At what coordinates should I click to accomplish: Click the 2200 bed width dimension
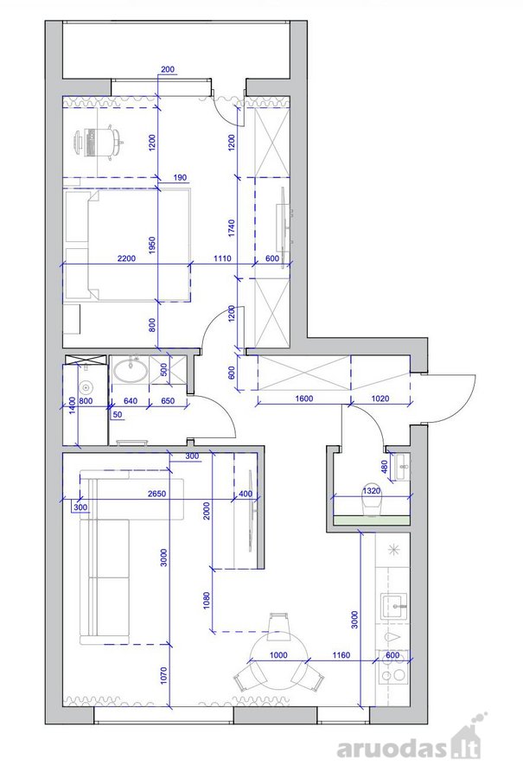126,258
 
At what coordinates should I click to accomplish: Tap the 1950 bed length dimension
152,246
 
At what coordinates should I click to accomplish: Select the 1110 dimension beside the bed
222,258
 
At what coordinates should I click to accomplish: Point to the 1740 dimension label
232,228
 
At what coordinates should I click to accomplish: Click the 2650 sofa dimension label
156,494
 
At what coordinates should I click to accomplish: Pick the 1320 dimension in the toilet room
372,491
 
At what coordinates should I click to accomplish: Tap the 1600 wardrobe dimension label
303,398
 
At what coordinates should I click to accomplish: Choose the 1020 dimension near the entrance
380,398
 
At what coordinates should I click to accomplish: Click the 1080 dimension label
207,600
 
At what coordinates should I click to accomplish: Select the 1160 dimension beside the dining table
341,655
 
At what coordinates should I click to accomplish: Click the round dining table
278,661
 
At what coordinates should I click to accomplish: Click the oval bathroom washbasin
131,370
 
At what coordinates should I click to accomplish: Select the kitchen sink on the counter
394,606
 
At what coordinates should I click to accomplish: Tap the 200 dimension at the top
168,69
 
